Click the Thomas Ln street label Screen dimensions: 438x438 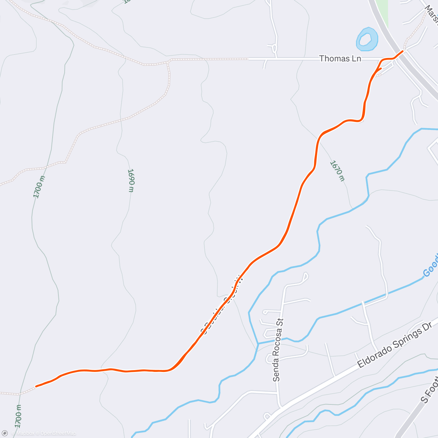coord(340,58)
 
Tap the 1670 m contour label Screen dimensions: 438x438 coord(337,170)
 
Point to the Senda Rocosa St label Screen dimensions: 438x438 coord(278,349)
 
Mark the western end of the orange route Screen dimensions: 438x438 coord(36,386)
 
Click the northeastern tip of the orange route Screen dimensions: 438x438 coord(403,51)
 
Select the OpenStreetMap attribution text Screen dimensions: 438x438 coord(58,433)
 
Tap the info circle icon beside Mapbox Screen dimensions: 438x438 coord(5,433)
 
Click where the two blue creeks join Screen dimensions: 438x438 coord(258,343)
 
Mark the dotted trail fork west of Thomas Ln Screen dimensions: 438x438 coord(168,62)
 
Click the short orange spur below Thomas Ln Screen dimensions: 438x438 coord(379,69)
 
